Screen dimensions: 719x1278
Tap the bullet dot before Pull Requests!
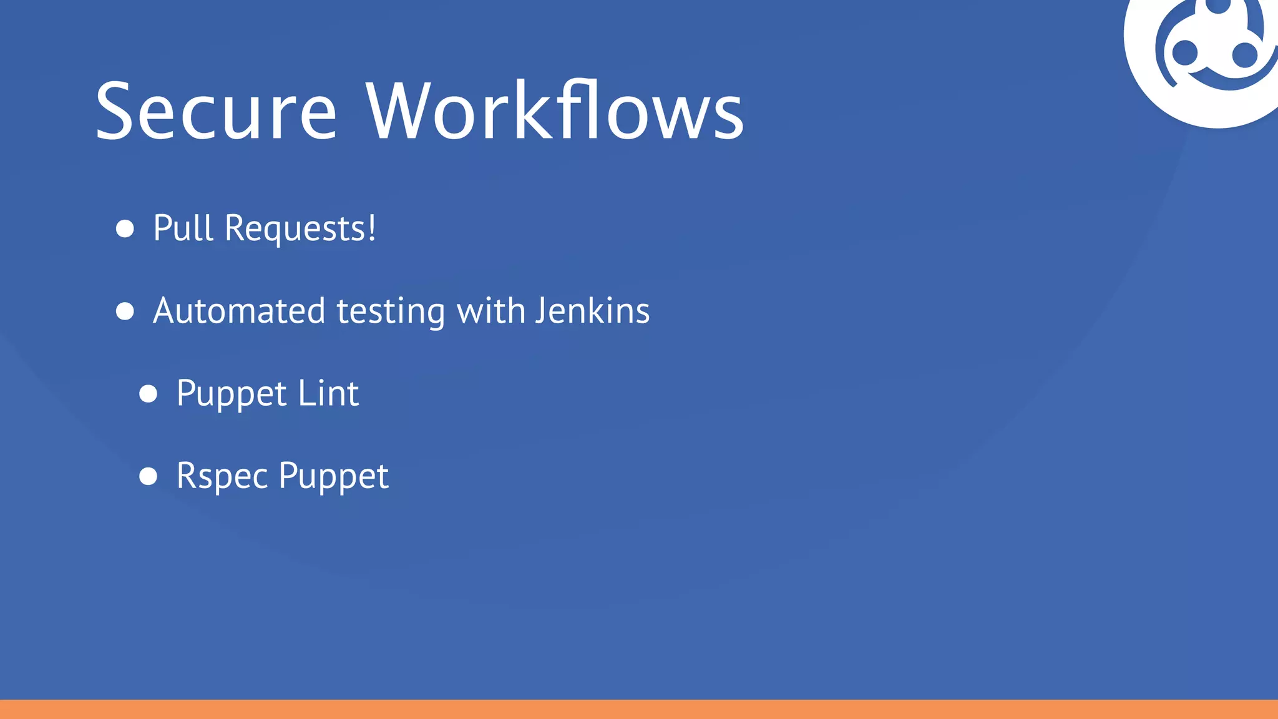[x=125, y=228]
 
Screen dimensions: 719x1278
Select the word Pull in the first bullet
[x=183, y=228]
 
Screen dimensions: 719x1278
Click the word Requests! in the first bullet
[x=300, y=229]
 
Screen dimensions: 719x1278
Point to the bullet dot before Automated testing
[x=125, y=311]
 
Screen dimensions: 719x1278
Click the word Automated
[x=239, y=311]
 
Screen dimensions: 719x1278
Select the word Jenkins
[x=593, y=310]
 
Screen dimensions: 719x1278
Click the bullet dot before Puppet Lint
[x=149, y=394]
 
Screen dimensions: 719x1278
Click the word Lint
[x=328, y=393]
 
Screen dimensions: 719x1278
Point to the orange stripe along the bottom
[x=639, y=709]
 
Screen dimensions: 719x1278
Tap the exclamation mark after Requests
[x=372, y=228]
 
